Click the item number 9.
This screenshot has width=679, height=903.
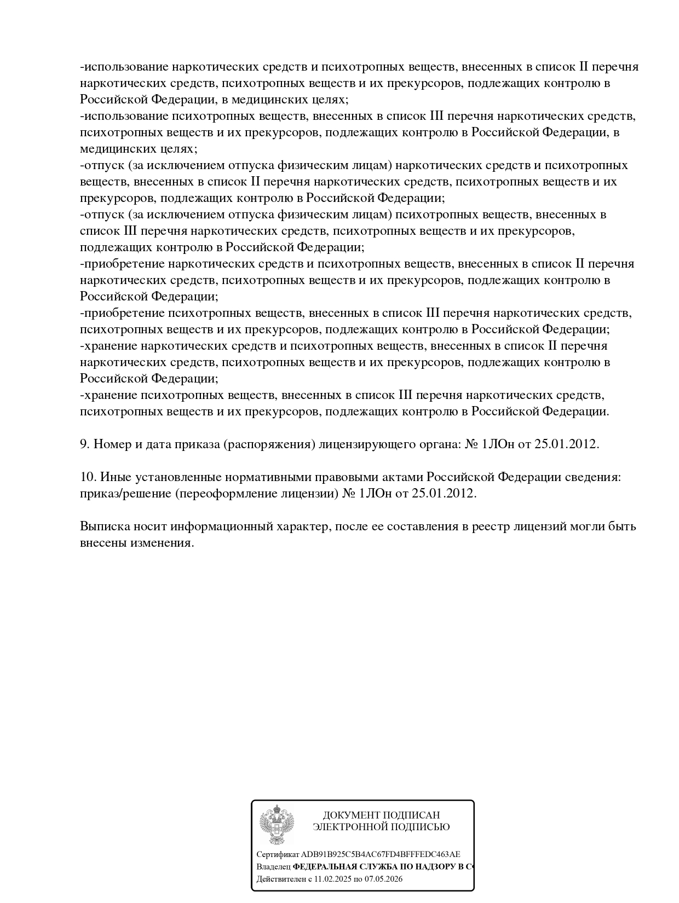pyautogui.click(x=85, y=444)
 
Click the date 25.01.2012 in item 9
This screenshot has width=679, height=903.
pyautogui.click(x=566, y=444)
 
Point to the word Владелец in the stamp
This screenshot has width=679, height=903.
pyautogui.click(x=273, y=867)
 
